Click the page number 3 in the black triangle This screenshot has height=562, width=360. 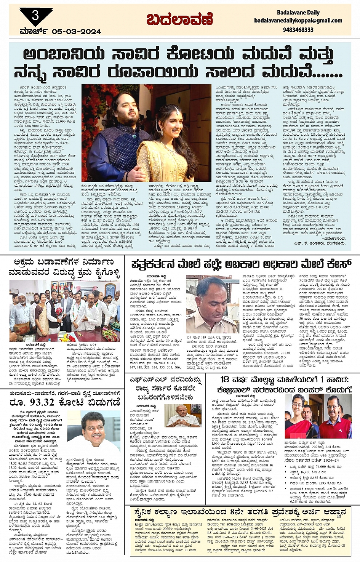(x=35, y=15)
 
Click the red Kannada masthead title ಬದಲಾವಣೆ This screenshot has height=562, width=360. (x=179, y=19)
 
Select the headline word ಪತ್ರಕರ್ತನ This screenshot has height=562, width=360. (x=156, y=264)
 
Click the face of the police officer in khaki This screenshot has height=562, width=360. (x=211, y=294)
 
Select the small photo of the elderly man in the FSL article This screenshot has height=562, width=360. (x=183, y=416)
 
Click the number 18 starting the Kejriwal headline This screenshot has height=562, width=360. (x=227, y=379)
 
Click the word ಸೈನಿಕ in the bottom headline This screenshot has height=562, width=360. (x=150, y=512)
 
